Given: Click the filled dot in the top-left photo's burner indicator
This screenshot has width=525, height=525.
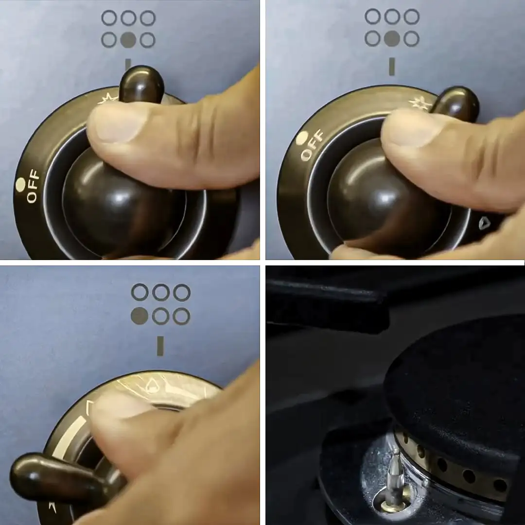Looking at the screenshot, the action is coord(128,40).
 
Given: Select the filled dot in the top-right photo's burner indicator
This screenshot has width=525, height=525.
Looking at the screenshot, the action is coord(392,38).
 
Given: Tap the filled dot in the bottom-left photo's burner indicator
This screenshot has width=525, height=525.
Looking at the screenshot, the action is coord(140,316).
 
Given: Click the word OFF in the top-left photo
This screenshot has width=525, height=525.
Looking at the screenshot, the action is coord(33,186).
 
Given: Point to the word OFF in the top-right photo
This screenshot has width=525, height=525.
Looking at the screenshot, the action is coord(312,145).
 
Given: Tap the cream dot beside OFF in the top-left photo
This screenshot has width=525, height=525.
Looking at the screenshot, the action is coord(20,184).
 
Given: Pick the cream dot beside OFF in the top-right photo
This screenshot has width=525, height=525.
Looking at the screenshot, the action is coord(302,137).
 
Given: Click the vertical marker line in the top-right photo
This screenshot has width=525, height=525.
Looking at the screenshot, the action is coord(392,66).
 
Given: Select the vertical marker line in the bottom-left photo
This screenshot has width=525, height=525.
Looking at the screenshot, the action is coord(160,346).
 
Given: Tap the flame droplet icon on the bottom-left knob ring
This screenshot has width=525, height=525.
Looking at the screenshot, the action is coord(152,385).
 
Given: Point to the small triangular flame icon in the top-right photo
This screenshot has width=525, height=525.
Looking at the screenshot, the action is coord(484,223).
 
